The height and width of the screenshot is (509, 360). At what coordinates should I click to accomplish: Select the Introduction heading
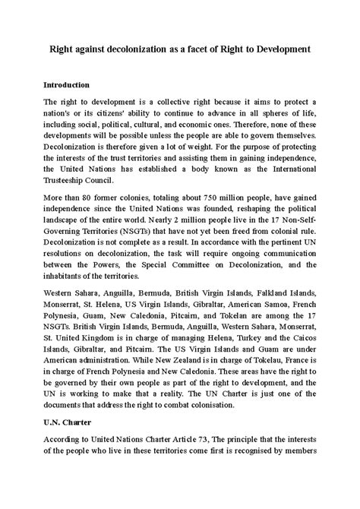(67, 84)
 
